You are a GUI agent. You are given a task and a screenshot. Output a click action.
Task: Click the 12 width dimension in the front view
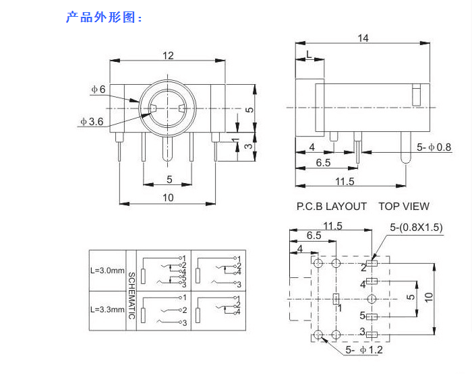tap(168, 55)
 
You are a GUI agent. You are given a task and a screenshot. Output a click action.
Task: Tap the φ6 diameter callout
tap(98, 90)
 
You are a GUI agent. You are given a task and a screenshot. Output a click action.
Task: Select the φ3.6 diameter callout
tap(91, 122)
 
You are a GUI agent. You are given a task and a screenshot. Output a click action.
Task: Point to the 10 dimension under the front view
tap(168, 197)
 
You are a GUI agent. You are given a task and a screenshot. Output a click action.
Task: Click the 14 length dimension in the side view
tap(363, 38)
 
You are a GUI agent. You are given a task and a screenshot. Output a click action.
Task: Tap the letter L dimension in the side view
tap(308, 53)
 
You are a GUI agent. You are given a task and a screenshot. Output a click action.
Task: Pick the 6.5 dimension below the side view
tap(323, 163)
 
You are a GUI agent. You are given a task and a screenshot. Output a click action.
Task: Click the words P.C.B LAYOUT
tap(332, 207)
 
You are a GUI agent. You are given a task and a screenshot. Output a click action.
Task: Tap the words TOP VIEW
tap(403, 207)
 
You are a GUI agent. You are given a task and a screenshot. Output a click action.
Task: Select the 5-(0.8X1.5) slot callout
tap(416, 228)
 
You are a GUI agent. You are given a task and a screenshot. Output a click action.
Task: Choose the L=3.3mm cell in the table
tap(107, 310)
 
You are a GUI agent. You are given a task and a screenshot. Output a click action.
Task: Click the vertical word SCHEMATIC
tap(131, 295)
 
